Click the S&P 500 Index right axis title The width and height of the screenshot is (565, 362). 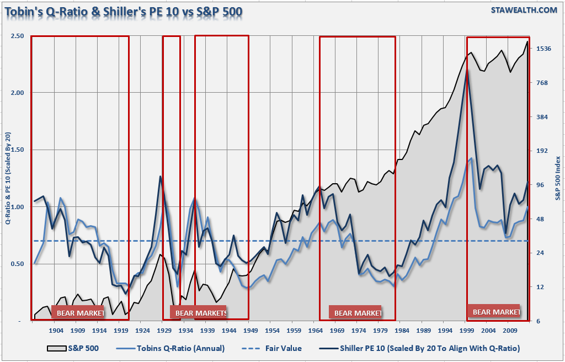558,173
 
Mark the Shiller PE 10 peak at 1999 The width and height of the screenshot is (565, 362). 467,71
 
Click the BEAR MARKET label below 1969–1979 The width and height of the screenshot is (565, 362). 358,313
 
